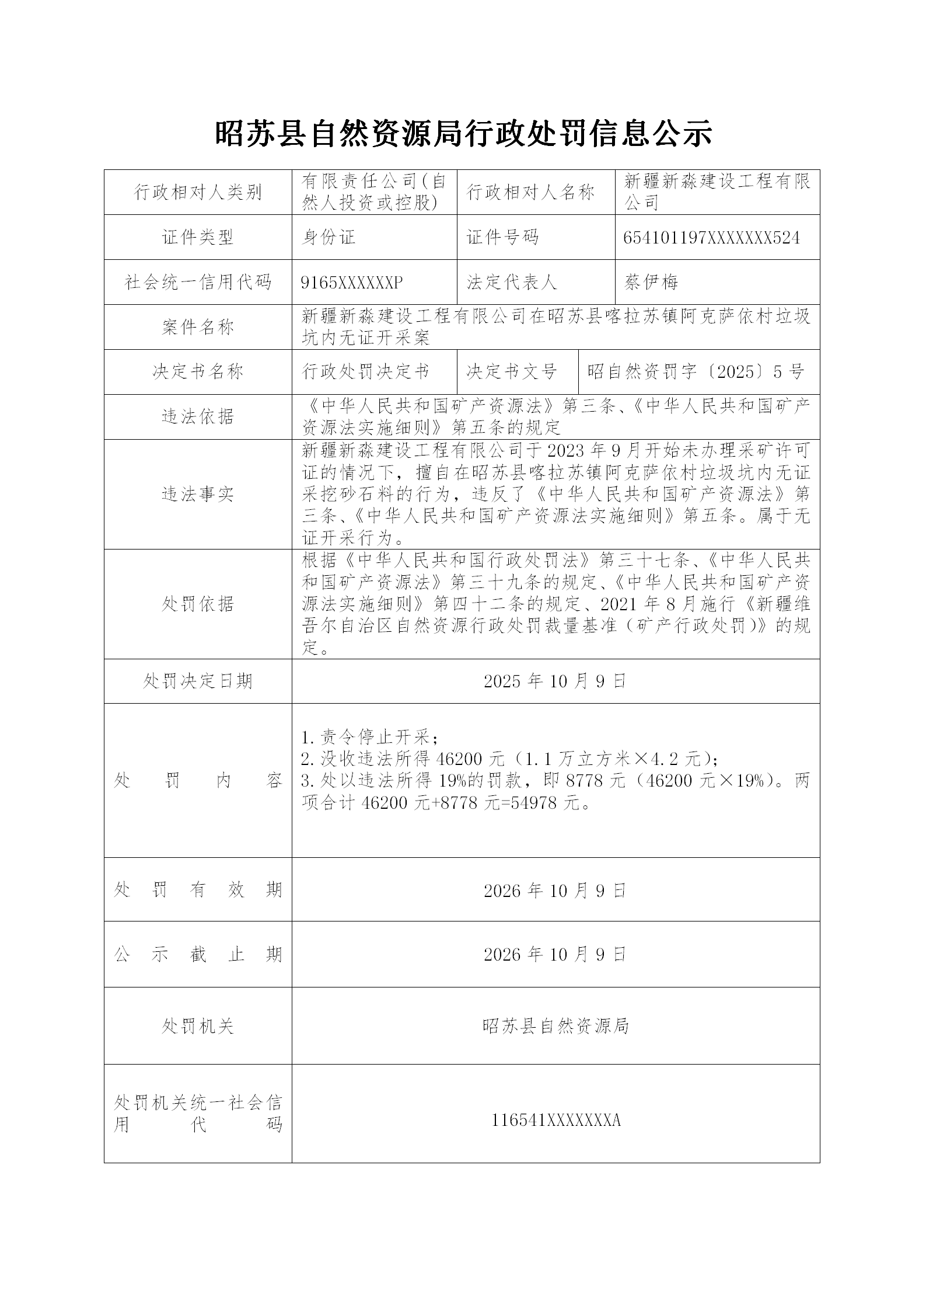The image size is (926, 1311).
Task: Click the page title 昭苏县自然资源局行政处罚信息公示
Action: coord(463,134)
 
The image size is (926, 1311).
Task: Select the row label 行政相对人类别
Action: coord(198,192)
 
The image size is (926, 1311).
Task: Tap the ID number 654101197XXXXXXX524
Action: coord(711,238)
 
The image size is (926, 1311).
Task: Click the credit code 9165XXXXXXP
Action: coord(351,283)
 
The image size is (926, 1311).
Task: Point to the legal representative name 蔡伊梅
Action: coord(651,283)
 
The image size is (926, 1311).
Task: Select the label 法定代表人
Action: coord(512,283)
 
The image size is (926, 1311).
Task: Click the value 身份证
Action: coord(329,238)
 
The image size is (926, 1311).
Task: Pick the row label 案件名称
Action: coord(198,327)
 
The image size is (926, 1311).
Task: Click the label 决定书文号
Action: coord(512,372)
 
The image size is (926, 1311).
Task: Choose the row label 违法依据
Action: coord(198,416)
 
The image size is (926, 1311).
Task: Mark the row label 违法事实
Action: coord(198,494)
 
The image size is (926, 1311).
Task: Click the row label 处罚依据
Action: coord(198,604)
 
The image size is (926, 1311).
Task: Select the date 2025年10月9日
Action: coord(555,681)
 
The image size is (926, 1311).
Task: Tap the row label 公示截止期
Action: coord(198,954)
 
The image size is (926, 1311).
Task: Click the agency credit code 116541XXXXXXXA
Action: coord(555,1120)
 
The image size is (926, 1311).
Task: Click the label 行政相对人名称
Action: coord(530,192)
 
